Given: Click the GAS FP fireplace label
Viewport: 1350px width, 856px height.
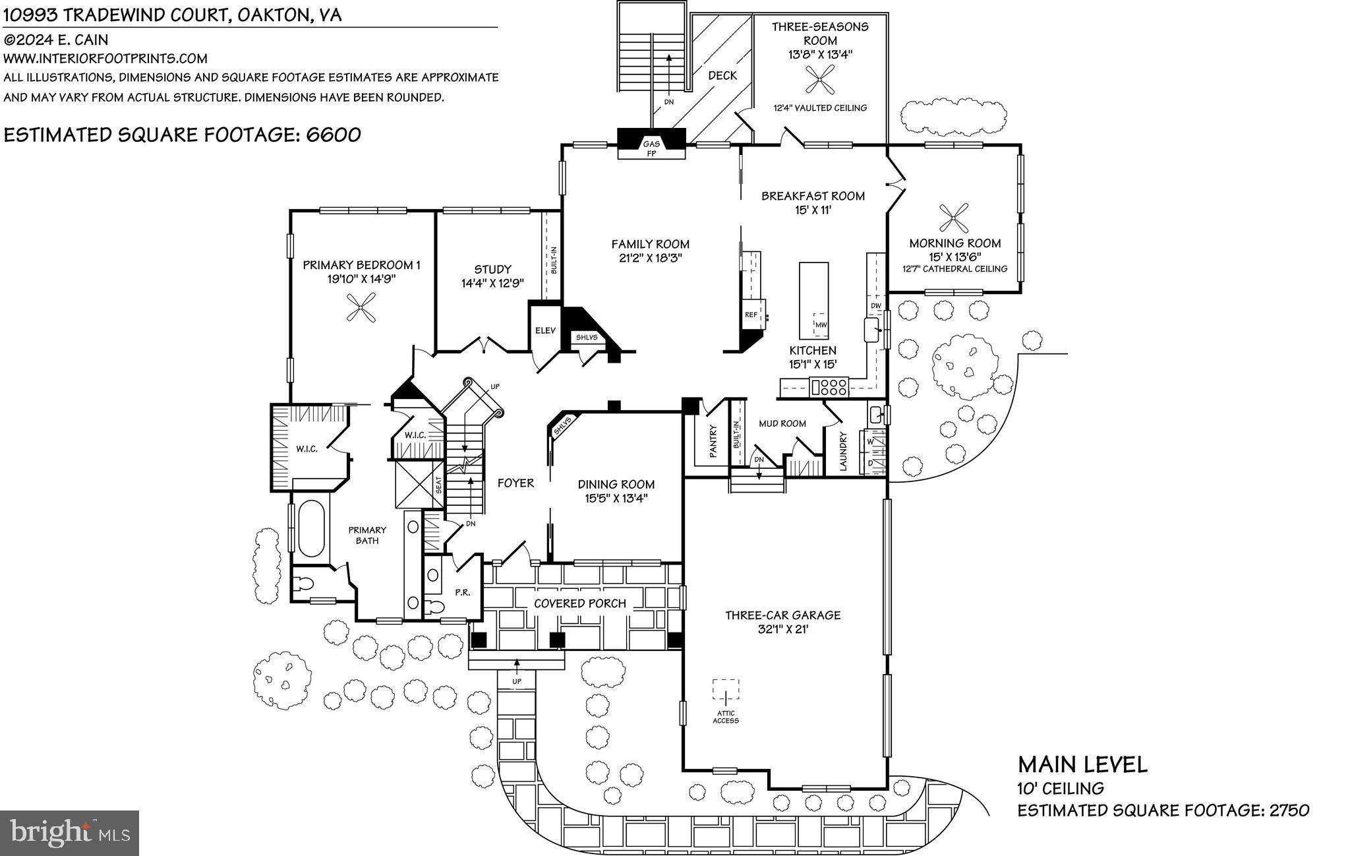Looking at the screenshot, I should (651, 148).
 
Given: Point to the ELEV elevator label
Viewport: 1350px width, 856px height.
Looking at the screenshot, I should (545, 330).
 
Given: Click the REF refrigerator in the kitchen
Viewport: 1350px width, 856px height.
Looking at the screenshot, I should (752, 315).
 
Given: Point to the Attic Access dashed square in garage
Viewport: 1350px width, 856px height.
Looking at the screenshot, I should (726, 690).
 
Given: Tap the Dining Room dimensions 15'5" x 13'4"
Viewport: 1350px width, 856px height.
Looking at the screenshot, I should (616, 499).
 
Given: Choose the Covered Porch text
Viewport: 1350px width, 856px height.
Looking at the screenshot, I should (579, 603).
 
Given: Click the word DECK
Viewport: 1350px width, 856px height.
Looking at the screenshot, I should (722, 76).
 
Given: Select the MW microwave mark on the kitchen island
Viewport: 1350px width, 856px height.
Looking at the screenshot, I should (821, 324).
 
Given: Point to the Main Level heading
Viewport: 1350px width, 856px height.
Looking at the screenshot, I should (1082, 765).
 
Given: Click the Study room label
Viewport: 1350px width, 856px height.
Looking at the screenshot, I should (492, 269).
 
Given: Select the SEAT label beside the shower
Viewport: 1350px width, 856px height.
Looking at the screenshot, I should (439, 485).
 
